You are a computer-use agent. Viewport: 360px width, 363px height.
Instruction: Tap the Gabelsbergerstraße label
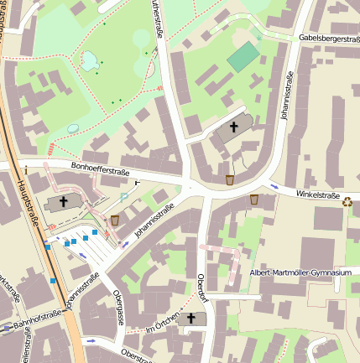(x=328, y=39)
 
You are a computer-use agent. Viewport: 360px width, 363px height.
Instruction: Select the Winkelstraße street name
(x=317, y=196)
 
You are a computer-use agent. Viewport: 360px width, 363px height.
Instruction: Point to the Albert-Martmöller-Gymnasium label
(x=300, y=272)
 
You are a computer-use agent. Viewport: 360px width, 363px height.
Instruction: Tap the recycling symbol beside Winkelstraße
(x=347, y=200)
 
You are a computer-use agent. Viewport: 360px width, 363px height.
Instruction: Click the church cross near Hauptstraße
(x=64, y=202)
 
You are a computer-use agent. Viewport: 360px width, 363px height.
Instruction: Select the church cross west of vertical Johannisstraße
(x=233, y=127)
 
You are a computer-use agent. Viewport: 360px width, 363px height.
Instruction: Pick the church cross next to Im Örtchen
(x=191, y=319)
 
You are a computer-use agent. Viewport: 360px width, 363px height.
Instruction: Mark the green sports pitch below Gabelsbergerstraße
(x=243, y=57)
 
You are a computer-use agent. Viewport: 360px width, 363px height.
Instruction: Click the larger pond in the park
(x=88, y=60)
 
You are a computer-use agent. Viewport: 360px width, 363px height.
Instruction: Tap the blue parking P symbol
(x=125, y=196)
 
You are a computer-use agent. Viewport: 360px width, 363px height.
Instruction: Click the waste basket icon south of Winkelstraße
(x=254, y=200)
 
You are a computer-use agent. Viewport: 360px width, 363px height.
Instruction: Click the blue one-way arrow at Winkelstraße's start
(x=274, y=185)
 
